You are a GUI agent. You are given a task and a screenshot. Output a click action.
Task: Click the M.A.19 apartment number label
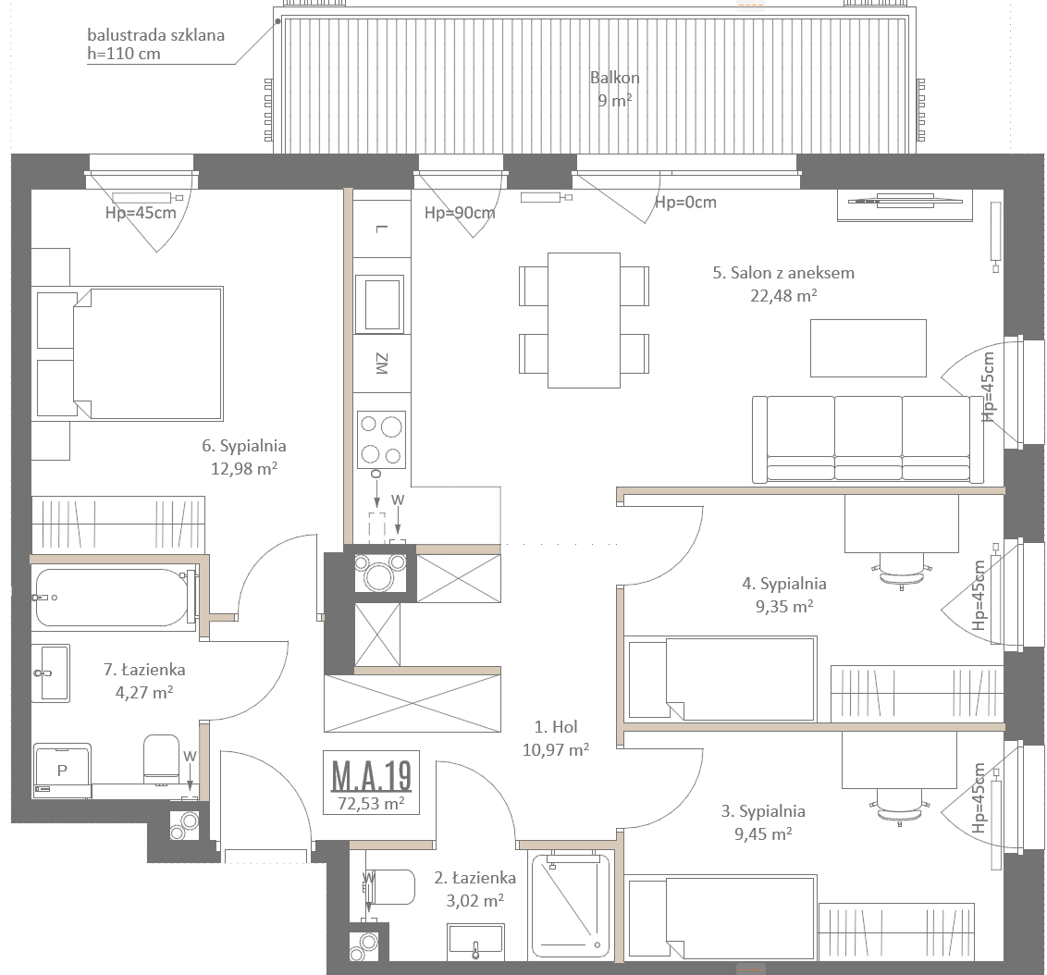tap(371, 774)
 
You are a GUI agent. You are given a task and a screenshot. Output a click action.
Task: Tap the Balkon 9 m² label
tap(614, 89)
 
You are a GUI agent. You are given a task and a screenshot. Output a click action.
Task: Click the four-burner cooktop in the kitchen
tap(381, 438)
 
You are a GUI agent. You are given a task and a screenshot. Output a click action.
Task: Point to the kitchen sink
tap(381, 303)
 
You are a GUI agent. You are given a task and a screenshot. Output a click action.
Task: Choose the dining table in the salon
tap(584, 320)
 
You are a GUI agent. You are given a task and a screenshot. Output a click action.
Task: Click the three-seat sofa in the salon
tap(868, 438)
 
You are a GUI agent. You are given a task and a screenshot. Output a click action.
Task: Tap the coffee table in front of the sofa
tap(868, 348)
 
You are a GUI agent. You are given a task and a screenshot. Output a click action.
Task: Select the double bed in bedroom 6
tap(147, 353)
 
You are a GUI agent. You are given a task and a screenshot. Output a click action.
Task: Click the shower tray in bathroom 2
tap(571, 905)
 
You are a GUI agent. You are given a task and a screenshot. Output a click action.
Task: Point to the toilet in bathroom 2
tap(389, 886)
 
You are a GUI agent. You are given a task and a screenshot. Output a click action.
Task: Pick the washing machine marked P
tap(62, 771)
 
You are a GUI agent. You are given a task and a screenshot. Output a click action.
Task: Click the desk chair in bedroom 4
tap(902, 569)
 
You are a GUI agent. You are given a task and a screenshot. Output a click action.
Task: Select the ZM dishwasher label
tap(381, 364)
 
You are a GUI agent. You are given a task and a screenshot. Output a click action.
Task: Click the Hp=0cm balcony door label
tap(685, 202)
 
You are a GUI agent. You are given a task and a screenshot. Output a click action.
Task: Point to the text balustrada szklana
tap(155, 35)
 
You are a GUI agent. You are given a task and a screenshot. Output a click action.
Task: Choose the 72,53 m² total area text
tap(371, 803)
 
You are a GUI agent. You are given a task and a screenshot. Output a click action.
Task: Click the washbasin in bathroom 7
tap(50, 673)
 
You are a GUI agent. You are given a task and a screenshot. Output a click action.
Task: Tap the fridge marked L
tap(381, 228)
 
